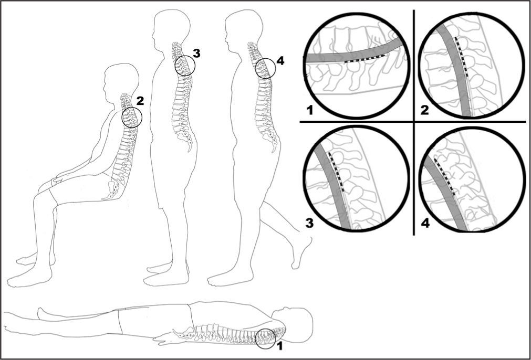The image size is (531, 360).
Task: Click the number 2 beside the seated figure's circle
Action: click(140, 99)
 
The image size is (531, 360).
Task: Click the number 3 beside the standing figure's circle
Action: click(196, 53)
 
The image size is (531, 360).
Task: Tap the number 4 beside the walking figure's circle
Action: click(279, 61)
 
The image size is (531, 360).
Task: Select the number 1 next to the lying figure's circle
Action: click(279, 346)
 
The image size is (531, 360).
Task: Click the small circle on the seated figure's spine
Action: click(132, 118)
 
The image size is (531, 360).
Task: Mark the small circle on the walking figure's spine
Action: click(265, 69)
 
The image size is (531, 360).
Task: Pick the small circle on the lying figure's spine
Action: click(266, 338)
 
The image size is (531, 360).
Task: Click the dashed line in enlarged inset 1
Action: click(366, 59)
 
